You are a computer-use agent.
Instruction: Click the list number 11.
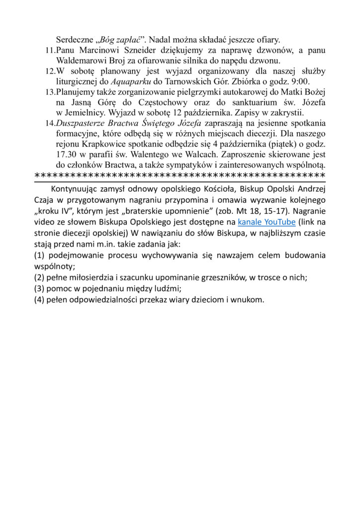[50, 50]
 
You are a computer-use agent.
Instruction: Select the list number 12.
[50, 71]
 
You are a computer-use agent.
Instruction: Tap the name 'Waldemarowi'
[82, 61]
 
